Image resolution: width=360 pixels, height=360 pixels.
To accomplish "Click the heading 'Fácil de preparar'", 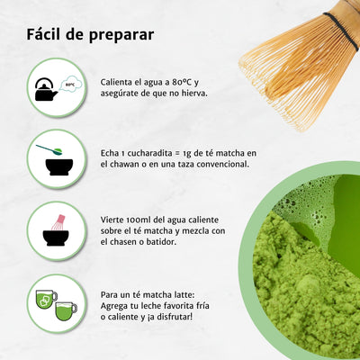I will [89, 35].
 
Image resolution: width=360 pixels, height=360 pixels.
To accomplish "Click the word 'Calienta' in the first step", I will [119, 83].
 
